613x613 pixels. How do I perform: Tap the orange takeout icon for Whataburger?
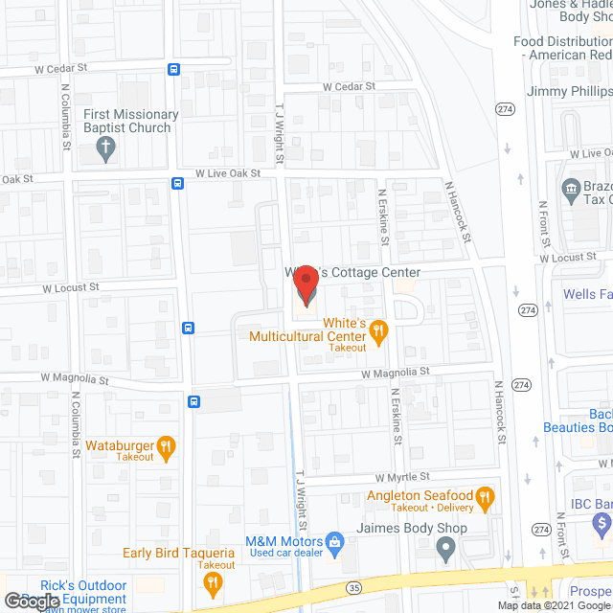click(x=167, y=444)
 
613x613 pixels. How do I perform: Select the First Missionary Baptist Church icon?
click(x=107, y=148)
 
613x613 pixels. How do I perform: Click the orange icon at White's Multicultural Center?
click(x=378, y=331)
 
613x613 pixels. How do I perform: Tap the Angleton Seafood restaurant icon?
click(x=485, y=496)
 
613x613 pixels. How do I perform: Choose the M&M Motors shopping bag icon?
click(x=334, y=543)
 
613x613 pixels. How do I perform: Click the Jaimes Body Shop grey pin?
click(x=445, y=548)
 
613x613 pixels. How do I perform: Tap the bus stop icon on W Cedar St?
click(x=173, y=69)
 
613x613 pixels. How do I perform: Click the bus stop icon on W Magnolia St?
click(x=194, y=402)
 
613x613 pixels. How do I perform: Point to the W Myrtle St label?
click(x=402, y=476)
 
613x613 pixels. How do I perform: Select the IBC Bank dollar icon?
click(x=602, y=524)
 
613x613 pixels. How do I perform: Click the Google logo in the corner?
click(x=31, y=601)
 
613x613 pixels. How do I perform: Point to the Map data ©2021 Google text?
click(x=553, y=605)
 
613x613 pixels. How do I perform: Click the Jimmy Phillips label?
click(x=570, y=91)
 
